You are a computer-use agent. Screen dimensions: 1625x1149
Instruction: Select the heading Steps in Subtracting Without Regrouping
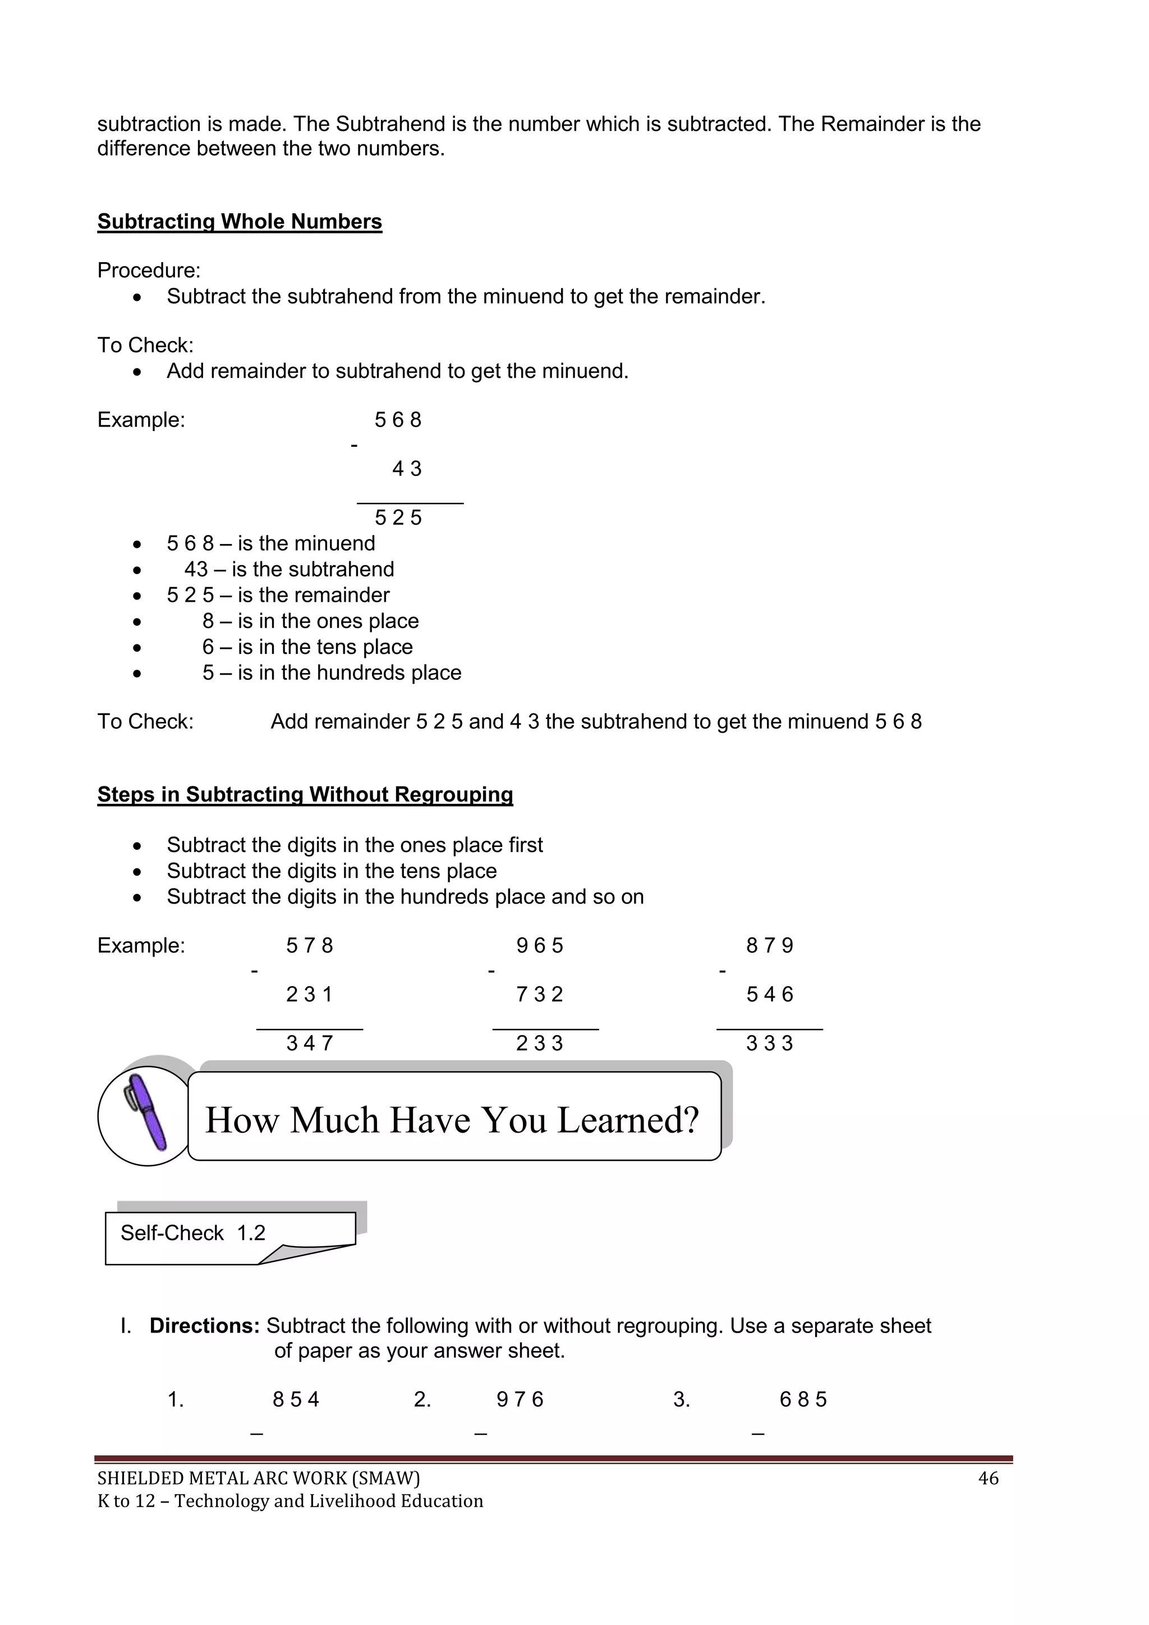(x=305, y=794)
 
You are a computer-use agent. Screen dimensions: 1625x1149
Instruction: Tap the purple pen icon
(x=146, y=1113)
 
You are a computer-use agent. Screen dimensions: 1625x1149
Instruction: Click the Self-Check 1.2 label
(x=192, y=1233)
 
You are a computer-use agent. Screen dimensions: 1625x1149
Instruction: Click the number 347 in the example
(x=309, y=1043)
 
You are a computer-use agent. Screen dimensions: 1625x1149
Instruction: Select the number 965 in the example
(x=539, y=946)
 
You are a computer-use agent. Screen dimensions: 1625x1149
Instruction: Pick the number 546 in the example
(x=769, y=995)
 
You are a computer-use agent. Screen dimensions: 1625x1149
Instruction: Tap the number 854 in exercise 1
(x=296, y=1399)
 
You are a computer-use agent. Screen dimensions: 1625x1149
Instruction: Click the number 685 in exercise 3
(x=802, y=1399)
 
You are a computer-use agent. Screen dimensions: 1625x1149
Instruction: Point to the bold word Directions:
(x=204, y=1326)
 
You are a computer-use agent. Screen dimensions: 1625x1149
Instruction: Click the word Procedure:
(x=149, y=271)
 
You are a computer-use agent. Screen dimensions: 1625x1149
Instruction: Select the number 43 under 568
(x=406, y=469)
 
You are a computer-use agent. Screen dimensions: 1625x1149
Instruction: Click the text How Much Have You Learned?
(x=452, y=1120)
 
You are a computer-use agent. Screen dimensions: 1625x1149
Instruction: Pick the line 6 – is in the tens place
(x=307, y=647)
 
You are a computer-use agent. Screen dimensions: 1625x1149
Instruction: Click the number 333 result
(x=769, y=1043)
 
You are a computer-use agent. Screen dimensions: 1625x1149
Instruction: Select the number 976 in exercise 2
(x=520, y=1399)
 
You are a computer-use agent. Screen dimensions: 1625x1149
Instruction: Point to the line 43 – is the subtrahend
(x=289, y=569)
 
